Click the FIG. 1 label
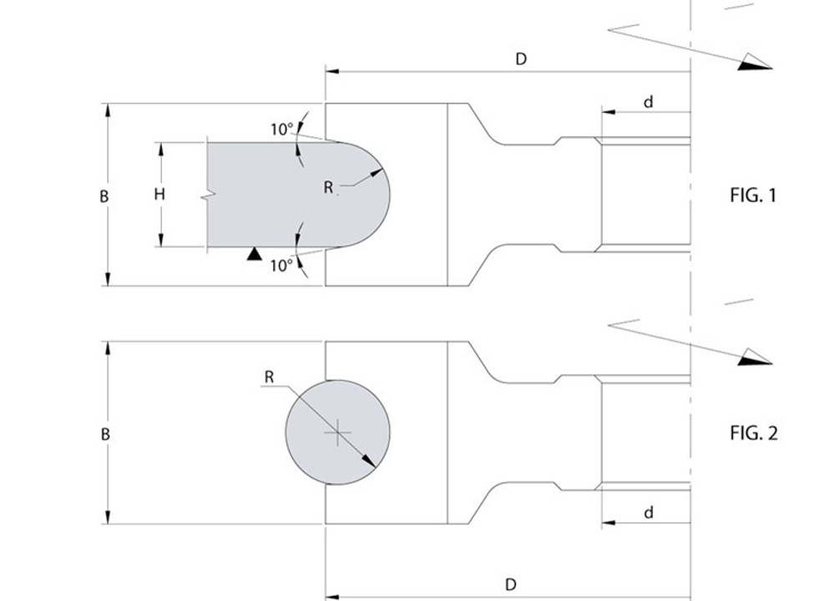pyautogui.click(x=753, y=195)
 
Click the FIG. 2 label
pyautogui.click(x=753, y=432)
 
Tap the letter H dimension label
pyautogui.click(x=159, y=194)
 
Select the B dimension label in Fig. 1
pyautogui.click(x=104, y=196)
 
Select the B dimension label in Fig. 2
pyautogui.click(x=105, y=434)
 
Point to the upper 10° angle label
pyautogui.click(x=281, y=129)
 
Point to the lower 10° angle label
pyautogui.click(x=281, y=265)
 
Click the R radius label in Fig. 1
pyautogui.click(x=328, y=187)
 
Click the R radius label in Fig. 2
pyautogui.click(x=269, y=377)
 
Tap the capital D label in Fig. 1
pyautogui.click(x=521, y=59)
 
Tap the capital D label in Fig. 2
pyautogui.click(x=510, y=584)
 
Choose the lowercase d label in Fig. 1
pyautogui.click(x=648, y=102)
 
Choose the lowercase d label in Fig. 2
pyautogui.click(x=648, y=513)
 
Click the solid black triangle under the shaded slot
pyautogui.click(x=255, y=255)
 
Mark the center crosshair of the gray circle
pyautogui.click(x=337, y=432)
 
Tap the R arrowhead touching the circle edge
pyautogui.click(x=370, y=462)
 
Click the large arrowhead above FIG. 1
pyautogui.click(x=755, y=63)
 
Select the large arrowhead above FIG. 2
pyautogui.click(x=755, y=357)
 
